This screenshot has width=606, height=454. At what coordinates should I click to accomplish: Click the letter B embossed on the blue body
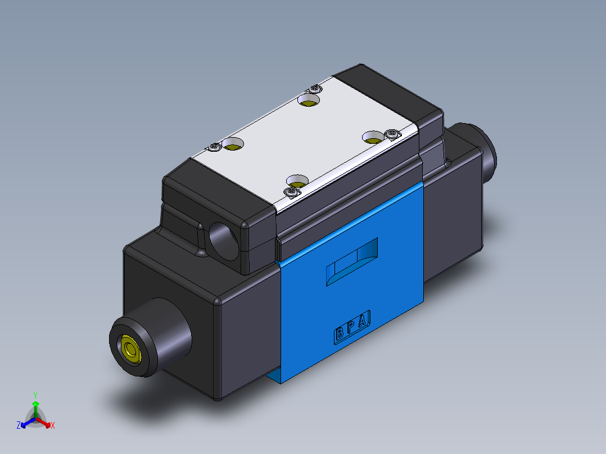[340, 334]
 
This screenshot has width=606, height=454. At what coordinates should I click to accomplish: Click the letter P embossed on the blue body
[351, 328]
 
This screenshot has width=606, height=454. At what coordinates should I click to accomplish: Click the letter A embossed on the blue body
[363, 321]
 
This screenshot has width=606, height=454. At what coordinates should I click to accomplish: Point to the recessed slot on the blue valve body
[352, 261]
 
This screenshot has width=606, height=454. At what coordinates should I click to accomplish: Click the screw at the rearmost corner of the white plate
[316, 88]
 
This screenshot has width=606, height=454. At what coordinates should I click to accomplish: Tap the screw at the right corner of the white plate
[391, 134]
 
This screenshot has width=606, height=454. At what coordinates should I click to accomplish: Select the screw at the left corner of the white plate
[215, 147]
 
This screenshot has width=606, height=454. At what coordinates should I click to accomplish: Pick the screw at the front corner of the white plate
[291, 193]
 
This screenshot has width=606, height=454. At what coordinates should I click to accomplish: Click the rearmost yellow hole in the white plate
[308, 101]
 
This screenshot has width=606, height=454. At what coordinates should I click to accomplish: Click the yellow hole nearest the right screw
[372, 137]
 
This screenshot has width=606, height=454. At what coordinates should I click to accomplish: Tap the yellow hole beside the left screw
[232, 145]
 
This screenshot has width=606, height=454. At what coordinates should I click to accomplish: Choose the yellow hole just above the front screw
[297, 181]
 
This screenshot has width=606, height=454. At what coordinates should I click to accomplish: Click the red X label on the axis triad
[53, 426]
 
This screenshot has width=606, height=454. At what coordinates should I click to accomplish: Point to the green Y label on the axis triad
[35, 395]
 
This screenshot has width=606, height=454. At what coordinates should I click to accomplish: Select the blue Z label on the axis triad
[19, 425]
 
